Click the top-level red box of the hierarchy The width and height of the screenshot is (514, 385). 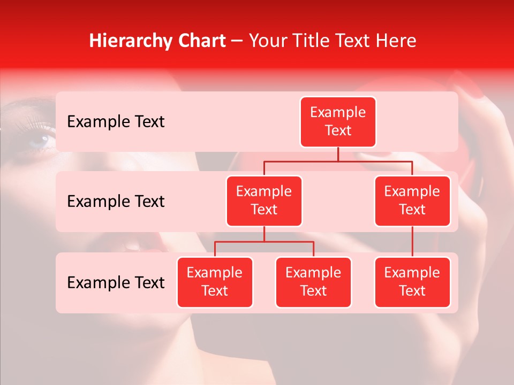[338, 122]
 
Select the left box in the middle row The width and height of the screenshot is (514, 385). [264, 201]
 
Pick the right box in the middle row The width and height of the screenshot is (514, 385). [412, 201]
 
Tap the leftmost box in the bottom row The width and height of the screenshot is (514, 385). [215, 282]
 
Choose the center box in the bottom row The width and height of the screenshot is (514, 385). [313, 282]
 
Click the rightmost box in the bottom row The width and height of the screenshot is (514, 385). [412, 282]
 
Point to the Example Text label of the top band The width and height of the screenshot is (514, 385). [116, 122]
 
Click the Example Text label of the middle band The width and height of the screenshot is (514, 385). [116, 202]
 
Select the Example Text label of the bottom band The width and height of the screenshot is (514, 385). [116, 282]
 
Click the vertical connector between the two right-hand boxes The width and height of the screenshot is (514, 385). [412, 242]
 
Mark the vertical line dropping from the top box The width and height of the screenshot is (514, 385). [338, 154]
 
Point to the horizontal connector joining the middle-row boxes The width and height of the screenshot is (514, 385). [338, 160]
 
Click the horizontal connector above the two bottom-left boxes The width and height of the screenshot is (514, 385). [264, 242]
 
